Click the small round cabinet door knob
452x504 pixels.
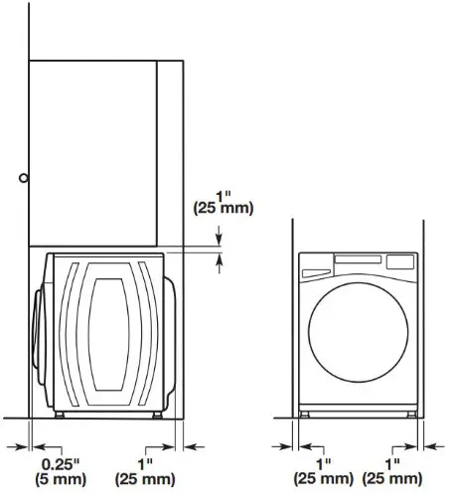click(x=23, y=178)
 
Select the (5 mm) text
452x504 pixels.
click(x=60, y=480)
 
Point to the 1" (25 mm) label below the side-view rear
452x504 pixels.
click(x=145, y=472)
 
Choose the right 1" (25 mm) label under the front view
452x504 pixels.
click(x=391, y=472)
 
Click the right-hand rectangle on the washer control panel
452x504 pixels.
click(x=399, y=262)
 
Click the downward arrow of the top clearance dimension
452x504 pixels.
click(x=221, y=239)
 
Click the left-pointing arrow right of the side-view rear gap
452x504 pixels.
click(x=193, y=445)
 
